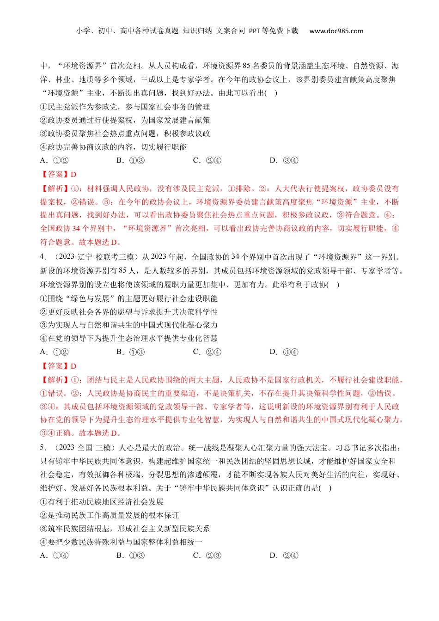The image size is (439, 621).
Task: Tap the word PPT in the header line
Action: [x=255, y=31]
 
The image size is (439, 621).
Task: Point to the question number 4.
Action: [x=43, y=257]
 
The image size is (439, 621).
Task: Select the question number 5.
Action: [x=43, y=448]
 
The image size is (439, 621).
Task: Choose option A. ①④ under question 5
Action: [x=54, y=555]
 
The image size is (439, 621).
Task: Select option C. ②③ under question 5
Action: [x=207, y=555]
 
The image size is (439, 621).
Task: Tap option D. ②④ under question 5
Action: [x=284, y=555]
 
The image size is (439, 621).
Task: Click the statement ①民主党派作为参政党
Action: [x=125, y=107]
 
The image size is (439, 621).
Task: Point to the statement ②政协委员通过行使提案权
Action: [x=125, y=120]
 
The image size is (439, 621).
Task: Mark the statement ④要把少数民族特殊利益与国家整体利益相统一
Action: [x=121, y=542]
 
